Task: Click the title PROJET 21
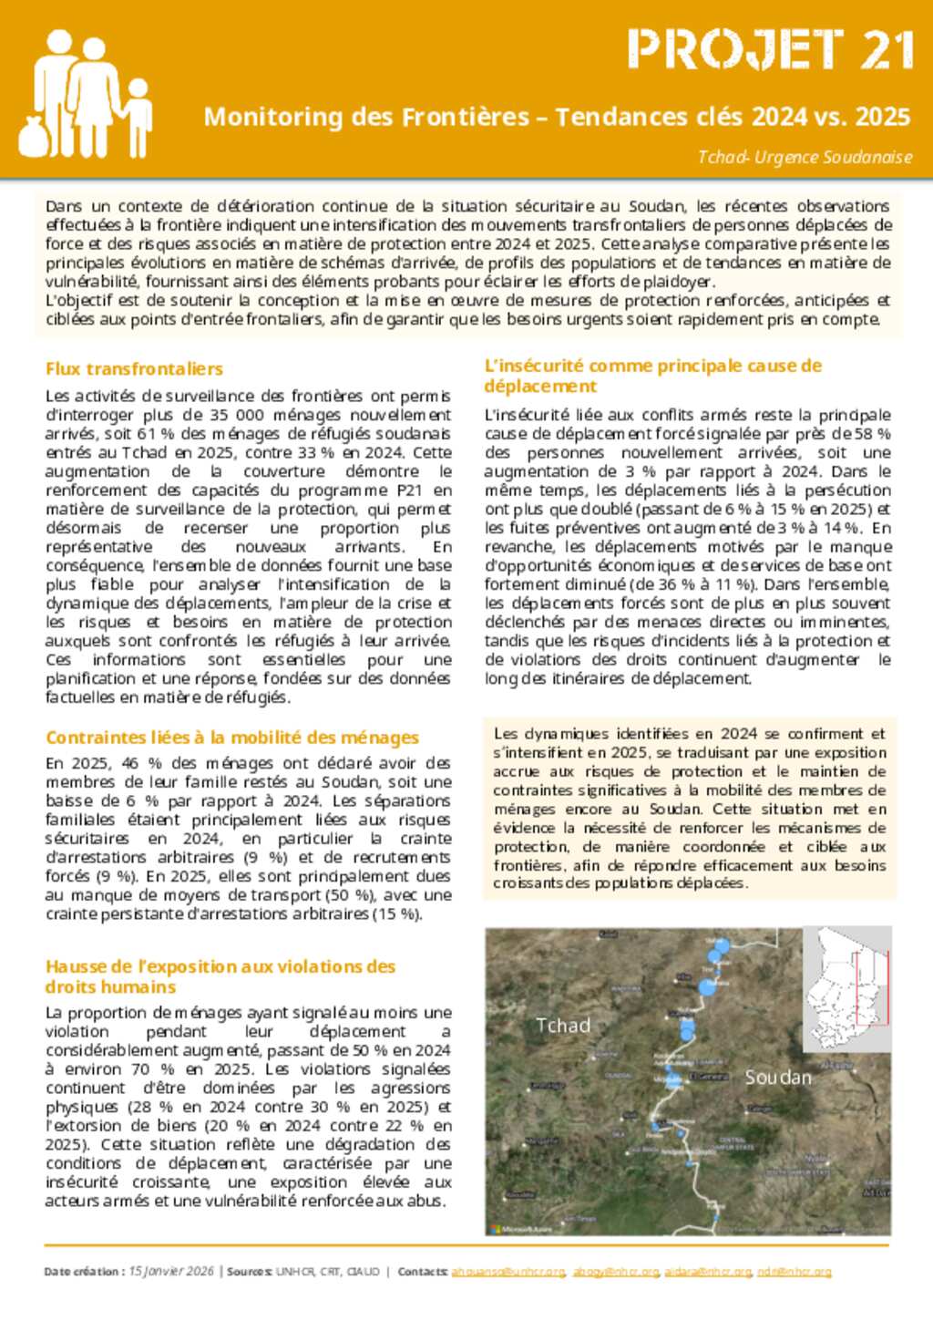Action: click(770, 50)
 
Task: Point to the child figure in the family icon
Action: click(138, 114)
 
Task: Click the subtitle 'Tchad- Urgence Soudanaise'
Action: click(805, 157)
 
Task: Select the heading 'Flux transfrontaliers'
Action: click(134, 368)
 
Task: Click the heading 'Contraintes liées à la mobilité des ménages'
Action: click(232, 737)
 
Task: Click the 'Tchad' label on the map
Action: click(563, 1025)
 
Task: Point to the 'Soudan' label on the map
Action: click(778, 1077)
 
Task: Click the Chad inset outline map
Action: click(847, 975)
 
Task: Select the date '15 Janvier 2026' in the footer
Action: click(171, 1271)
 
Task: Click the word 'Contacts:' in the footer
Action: click(423, 1271)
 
